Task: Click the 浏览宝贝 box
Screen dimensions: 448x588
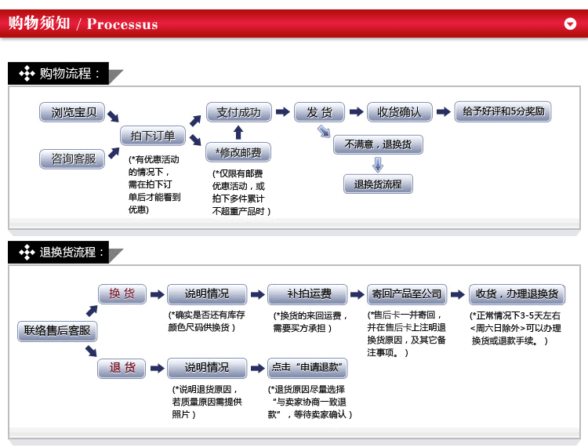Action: (74, 112)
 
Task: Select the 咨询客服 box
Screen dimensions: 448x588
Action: (73, 159)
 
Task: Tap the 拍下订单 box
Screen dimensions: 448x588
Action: (153, 136)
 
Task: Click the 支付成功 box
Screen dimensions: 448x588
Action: (239, 112)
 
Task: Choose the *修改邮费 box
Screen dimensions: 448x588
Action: (239, 151)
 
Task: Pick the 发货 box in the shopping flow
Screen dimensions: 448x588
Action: (319, 112)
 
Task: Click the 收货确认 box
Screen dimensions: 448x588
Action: (400, 112)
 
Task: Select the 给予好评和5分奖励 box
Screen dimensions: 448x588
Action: (503, 111)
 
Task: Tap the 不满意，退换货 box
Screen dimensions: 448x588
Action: (378, 144)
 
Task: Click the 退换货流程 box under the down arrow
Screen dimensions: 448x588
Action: (378, 184)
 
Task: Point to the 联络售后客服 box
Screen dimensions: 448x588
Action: (57, 331)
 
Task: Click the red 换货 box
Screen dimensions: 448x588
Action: (122, 294)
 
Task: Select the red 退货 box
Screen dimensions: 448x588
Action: (122, 367)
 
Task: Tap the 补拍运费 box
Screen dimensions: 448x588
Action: (309, 294)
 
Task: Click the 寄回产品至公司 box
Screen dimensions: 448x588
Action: (405, 294)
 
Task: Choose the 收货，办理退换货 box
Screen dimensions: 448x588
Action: (517, 294)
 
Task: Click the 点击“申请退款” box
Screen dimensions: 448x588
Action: (308, 367)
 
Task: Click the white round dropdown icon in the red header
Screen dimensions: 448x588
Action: (570, 24)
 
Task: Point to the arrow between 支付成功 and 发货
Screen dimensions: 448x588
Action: (281, 112)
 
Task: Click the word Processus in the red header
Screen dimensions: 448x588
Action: (122, 24)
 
